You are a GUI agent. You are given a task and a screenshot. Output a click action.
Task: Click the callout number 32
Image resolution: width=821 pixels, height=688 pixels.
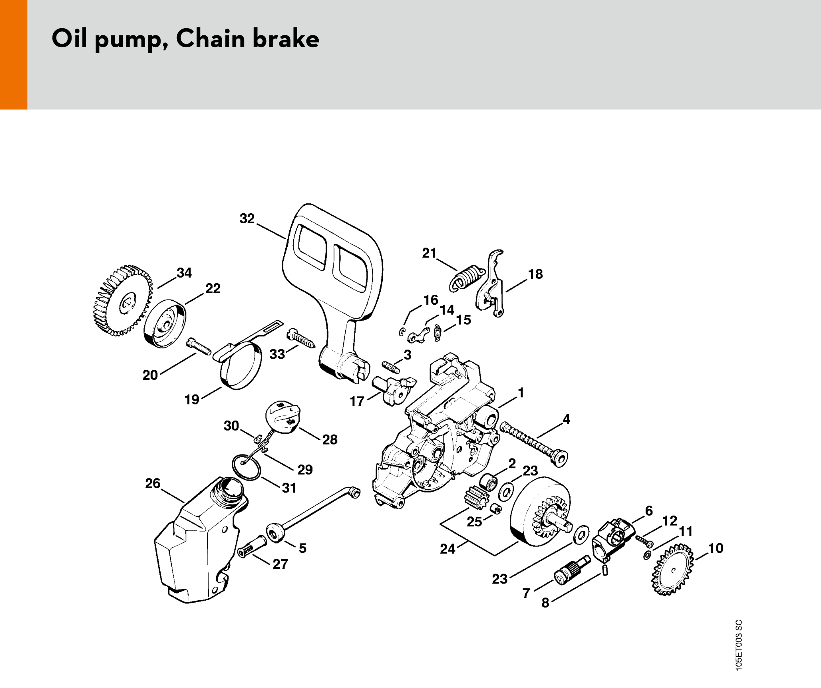click(x=247, y=218)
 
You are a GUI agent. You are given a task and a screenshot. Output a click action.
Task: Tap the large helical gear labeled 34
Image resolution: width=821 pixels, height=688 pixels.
click(x=122, y=301)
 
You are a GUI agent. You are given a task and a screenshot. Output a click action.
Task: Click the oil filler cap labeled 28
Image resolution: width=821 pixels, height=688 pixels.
click(x=283, y=417)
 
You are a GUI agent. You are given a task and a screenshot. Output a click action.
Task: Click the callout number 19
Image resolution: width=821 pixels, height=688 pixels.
click(x=192, y=399)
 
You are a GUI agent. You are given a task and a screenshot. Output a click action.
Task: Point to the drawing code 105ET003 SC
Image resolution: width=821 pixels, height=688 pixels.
click(x=738, y=645)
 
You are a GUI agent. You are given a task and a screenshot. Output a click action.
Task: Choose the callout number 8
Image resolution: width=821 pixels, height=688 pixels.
click(x=545, y=603)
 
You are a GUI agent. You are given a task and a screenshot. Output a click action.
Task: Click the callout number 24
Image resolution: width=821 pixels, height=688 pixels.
click(x=447, y=549)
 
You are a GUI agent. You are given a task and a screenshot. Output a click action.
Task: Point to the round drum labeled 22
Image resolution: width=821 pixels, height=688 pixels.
click(x=165, y=324)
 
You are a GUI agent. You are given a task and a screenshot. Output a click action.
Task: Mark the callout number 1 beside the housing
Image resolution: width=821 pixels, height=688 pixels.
click(x=521, y=393)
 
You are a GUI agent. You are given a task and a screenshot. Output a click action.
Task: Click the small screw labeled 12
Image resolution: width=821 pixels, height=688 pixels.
click(x=644, y=541)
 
